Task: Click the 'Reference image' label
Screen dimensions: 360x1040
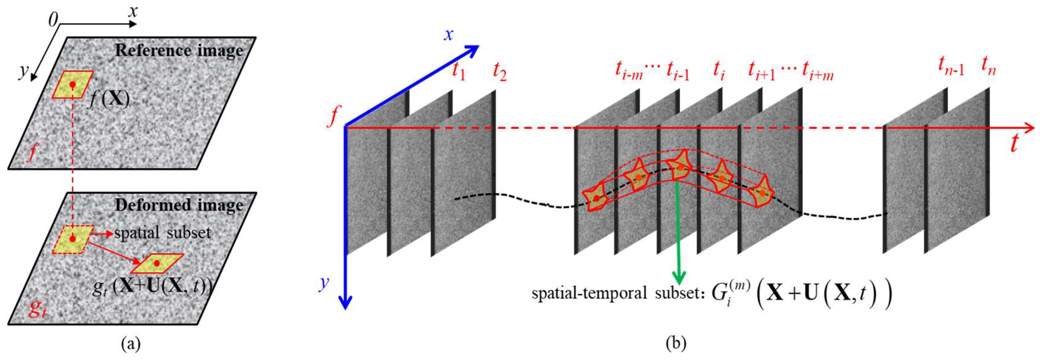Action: (x=179, y=51)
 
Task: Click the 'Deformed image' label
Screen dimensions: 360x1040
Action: (x=179, y=205)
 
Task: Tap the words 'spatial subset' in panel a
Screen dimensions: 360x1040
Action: (x=163, y=233)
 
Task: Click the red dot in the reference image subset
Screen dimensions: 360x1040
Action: (x=73, y=85)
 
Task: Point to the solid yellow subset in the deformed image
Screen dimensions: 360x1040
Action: (x=157, y=264)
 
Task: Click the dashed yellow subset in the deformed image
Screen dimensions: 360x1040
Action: (x=73, y=239)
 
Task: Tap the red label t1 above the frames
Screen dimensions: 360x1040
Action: (x=458, y=72)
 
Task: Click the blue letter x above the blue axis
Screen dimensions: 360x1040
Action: (x=449, y=35)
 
